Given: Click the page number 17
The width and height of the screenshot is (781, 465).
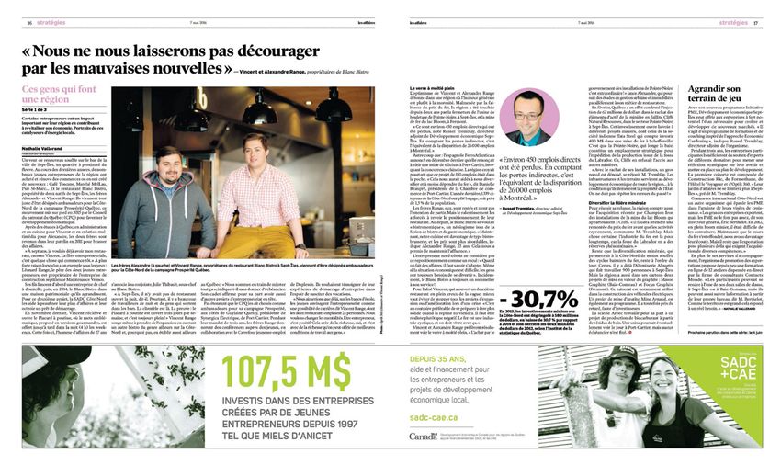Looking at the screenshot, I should (756, 22).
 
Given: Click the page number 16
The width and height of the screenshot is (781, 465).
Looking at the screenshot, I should (29, 22).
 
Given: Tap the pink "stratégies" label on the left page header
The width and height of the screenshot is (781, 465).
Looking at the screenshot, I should (55, 22).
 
